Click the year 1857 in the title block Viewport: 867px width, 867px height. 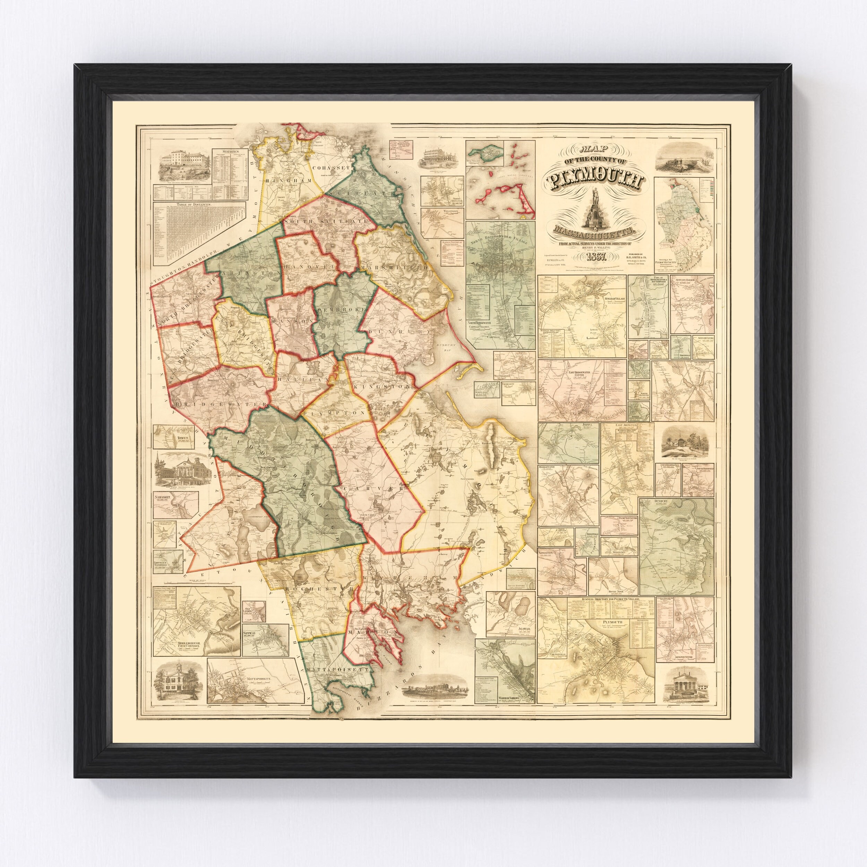[x=595, y=257]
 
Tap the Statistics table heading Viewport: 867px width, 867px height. [x=229, y=152]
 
